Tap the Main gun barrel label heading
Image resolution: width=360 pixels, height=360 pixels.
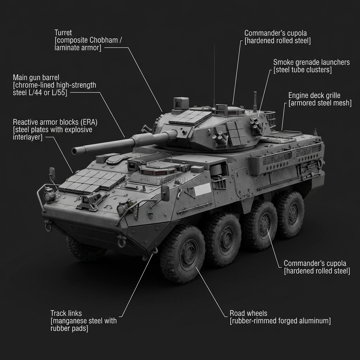pos(36,77)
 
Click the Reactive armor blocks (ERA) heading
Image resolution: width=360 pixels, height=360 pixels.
pos(55,122)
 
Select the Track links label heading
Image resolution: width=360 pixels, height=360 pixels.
pos(66,313)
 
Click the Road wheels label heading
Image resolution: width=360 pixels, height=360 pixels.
pos(248,313)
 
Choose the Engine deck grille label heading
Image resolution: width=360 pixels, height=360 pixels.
pos(314,95)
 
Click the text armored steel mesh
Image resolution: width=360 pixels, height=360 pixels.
pos(320,103)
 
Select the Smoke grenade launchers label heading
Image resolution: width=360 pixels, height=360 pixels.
pos(311,62)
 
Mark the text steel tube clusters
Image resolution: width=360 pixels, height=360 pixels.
pos(303,70)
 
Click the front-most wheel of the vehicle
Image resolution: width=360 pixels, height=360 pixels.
pos(182,254)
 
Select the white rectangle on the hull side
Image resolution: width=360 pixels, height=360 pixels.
pos(202,189)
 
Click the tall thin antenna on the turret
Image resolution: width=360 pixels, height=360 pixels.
pos(214,74)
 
